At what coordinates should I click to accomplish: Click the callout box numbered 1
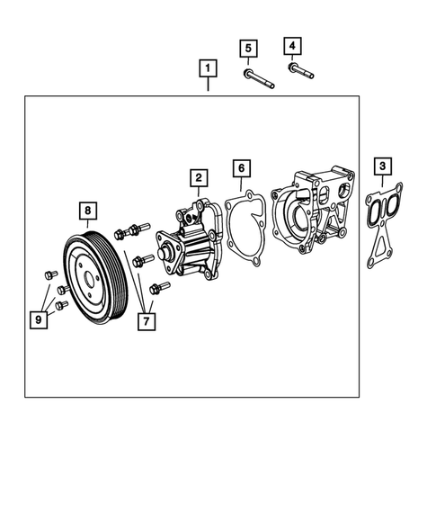209,68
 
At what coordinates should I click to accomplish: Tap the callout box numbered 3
383,166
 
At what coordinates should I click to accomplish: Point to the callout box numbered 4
292,45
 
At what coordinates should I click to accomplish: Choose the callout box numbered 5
249,48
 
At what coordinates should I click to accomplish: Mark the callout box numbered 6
240,168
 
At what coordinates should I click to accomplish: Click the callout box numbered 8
87,211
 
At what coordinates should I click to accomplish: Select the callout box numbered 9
40,318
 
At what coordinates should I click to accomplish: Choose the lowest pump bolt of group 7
160,289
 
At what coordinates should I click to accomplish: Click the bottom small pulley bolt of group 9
61,305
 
